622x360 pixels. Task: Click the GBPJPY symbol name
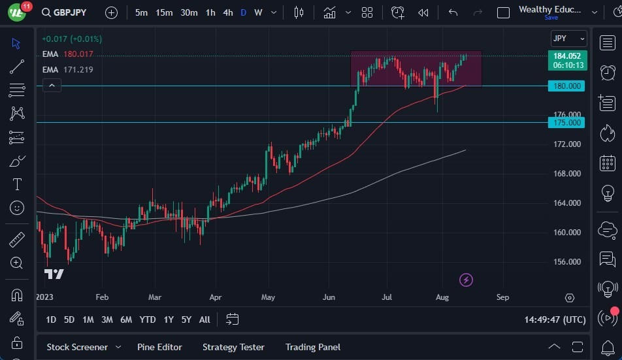click(x=70, y=12)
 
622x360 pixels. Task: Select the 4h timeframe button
click(x=227, y=12)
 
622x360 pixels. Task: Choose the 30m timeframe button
click(x=189, y=12)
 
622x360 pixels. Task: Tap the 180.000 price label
click(x=567, y=86)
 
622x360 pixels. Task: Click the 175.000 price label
click(x=567, y=122)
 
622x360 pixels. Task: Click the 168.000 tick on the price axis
click(x=567, y=174)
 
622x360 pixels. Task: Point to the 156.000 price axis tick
click(x=567, y=262)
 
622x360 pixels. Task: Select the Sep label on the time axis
click(x=502, y=297)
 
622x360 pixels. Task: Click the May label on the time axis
click(x=269, y=297)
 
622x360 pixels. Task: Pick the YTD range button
click(x=148, y=319)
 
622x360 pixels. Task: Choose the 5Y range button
click(x=186, y=319)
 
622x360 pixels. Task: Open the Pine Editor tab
click(x=159, y=347)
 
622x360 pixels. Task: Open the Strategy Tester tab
click(x=233, y=347)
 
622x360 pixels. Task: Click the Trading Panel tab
click(x=312, y=347)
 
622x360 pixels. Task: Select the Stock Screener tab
click(x=76, y=347)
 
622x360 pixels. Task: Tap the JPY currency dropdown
click(x=568, y=39)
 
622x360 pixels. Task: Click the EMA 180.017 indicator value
click(x=78, y=54)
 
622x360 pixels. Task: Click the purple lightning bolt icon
click(x=466, y=280)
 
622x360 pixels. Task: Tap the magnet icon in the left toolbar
click(x=17, y=295)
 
